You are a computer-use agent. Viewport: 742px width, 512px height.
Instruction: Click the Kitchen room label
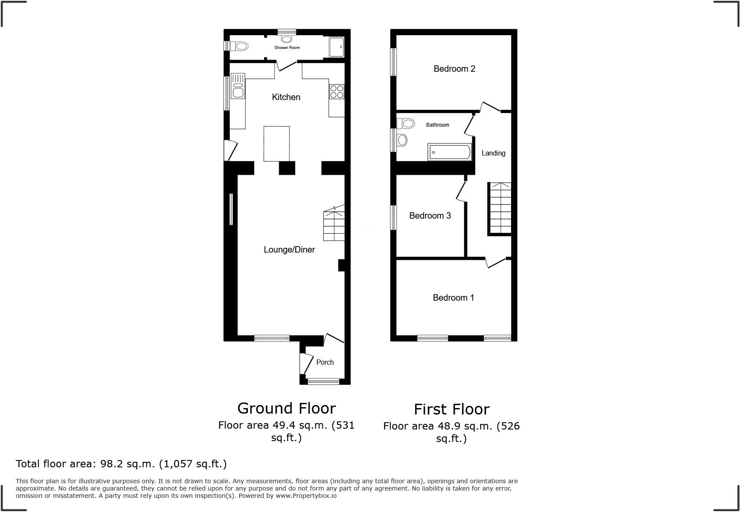[x=286, y=97]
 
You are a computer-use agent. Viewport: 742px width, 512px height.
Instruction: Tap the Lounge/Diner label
[x=289, y=250]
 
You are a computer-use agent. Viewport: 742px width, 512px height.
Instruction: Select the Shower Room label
[x=287, y=48]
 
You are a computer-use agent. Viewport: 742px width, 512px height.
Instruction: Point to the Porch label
[x=325, y=362]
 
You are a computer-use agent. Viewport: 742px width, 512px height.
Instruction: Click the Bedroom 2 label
[x=454, y=69]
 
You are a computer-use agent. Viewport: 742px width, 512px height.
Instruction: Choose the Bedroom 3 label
[x=430, y=216]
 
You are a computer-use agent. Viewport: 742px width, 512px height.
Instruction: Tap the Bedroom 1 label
[x=453, y=298]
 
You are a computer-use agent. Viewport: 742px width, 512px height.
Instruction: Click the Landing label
[x=493, y=153]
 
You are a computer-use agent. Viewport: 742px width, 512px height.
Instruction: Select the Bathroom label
[x=437, y=125]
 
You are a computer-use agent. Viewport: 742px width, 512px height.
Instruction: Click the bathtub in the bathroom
[x=449, y=152]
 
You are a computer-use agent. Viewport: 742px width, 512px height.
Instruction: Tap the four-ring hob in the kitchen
[x=336, y=91]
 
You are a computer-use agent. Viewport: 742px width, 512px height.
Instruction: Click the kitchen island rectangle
[x=276, y=143]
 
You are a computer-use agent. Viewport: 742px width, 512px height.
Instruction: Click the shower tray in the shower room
[x=337, y=47]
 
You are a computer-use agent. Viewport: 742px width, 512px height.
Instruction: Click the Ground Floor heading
[x=286, y=408]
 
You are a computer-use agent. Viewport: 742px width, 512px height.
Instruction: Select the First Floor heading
[x=451, y=409]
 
